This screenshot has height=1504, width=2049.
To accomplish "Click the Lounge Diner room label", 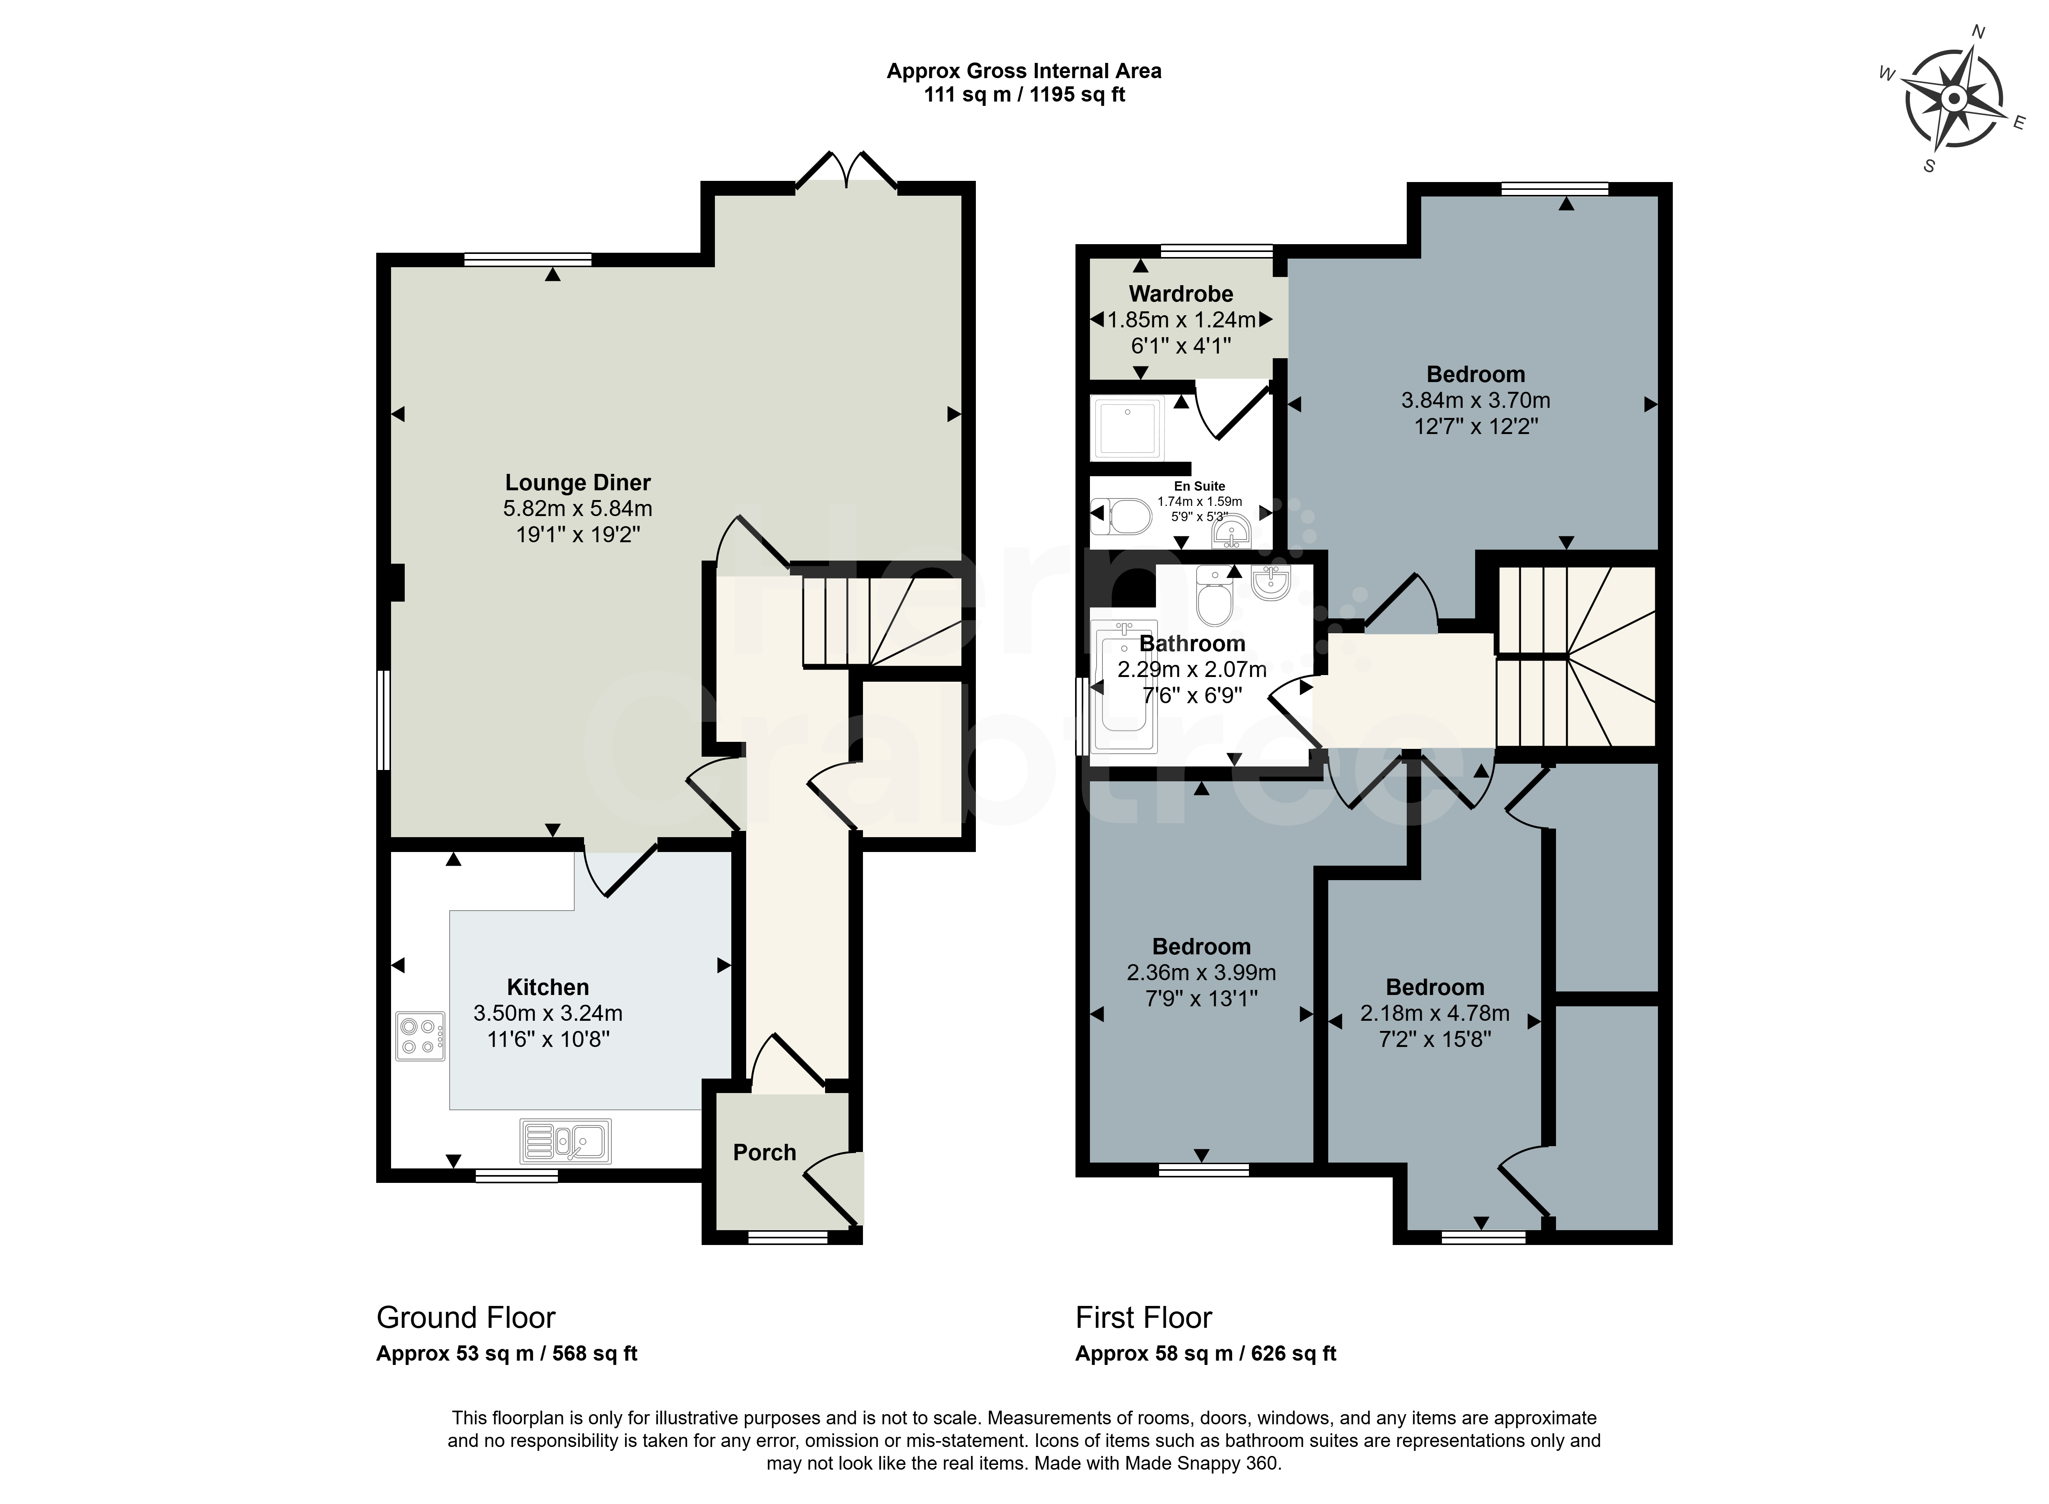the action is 578,482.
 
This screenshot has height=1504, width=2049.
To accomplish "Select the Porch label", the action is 765,1152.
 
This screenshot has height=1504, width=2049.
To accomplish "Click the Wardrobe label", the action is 1181,294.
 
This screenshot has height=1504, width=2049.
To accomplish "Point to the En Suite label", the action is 1200,486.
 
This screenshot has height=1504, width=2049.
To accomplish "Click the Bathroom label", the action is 1192,644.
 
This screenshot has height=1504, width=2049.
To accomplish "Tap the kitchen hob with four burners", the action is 420,1036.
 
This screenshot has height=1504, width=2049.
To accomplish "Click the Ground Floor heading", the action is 466,1317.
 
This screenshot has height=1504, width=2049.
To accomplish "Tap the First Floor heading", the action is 1144,1317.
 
